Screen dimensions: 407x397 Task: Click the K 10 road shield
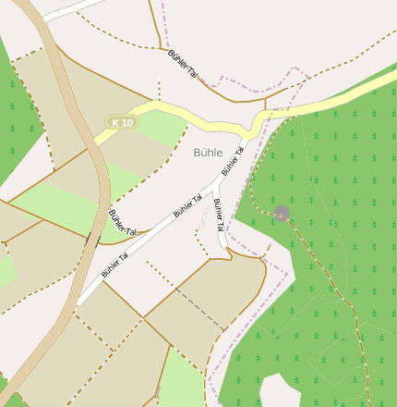click(x=121, y=122)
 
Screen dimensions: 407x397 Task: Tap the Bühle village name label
click(x=209, y=152)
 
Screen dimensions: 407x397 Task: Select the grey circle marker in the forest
click(x=282, y=214)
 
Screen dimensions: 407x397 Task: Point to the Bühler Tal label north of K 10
click(x=184, y=63)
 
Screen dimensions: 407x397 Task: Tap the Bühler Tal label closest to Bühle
click(x=232, y=160)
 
